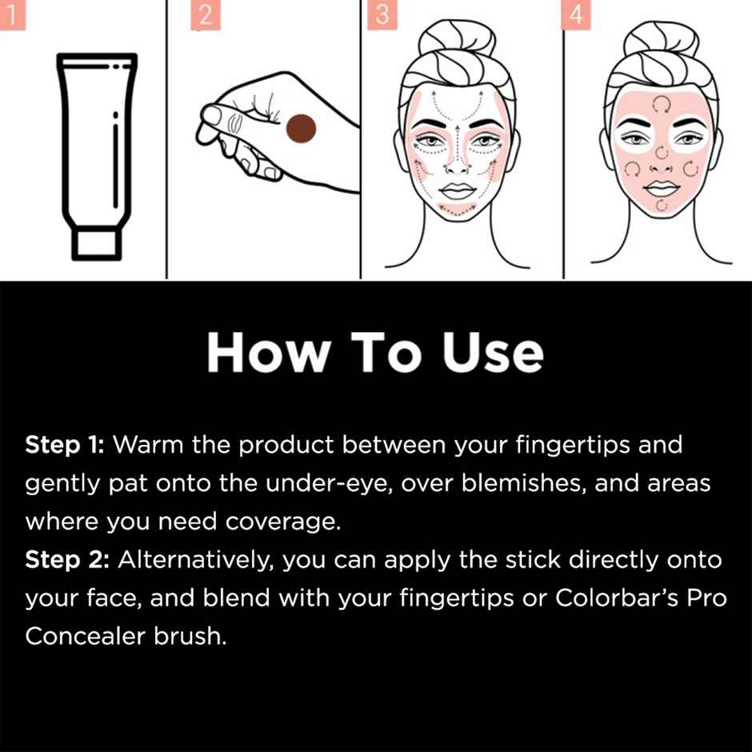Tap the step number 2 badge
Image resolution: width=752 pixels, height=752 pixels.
[x=205, y=16]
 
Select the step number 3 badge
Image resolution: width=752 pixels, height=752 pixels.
[x=382, y=16]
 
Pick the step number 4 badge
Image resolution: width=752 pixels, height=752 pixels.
[x=576, y=16]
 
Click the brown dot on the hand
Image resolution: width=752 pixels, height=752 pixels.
[x=302, y=129]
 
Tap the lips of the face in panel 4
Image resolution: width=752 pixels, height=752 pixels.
[x=661, y=190]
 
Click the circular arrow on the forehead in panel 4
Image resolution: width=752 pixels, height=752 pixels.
[x=661, y=103]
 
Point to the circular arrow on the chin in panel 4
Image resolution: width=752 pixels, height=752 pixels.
[x=661, y=206]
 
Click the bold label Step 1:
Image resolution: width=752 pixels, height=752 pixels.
[x=65, y=445]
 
